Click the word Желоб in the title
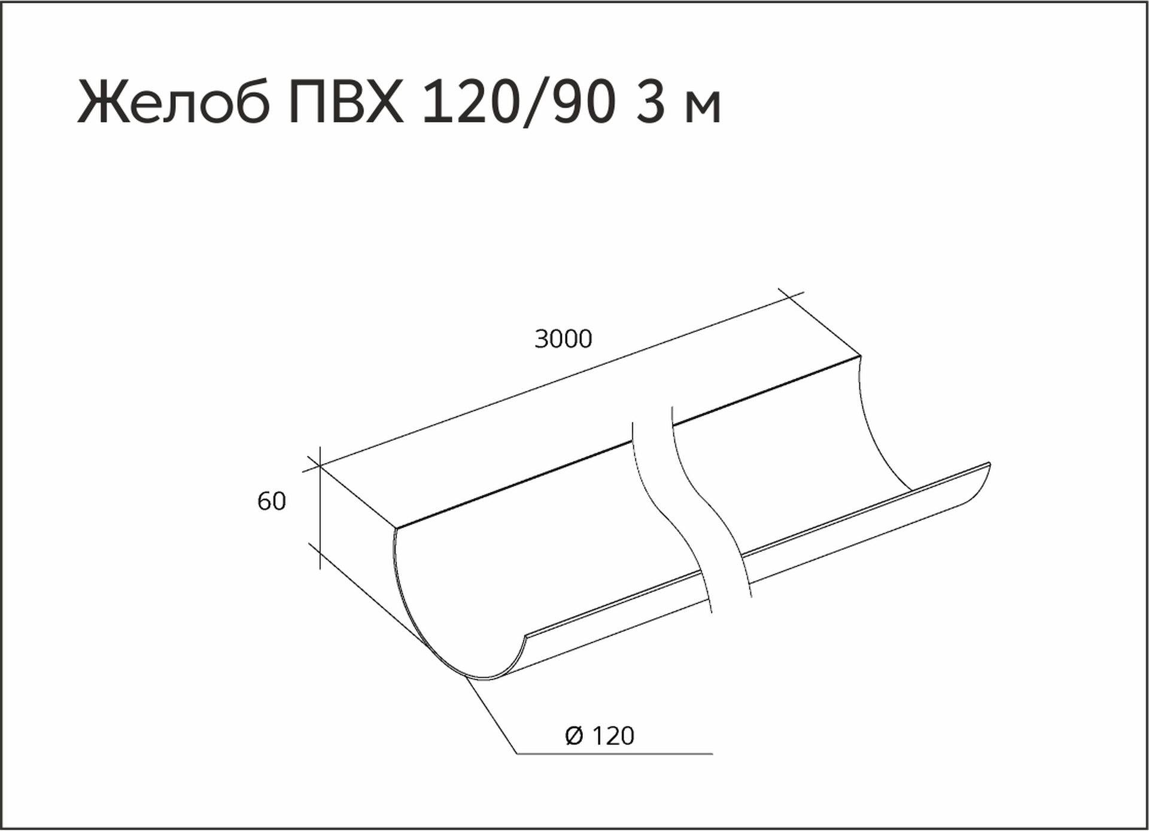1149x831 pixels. click(174, 102)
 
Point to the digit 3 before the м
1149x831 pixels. click(651, 103)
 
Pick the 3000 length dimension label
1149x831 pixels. click(563, 339)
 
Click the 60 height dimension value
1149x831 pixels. click(272, 501)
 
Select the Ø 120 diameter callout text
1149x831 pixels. click(600, 736)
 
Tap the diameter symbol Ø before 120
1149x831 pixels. click(574, 736)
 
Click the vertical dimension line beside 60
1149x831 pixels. click(320, 508)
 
